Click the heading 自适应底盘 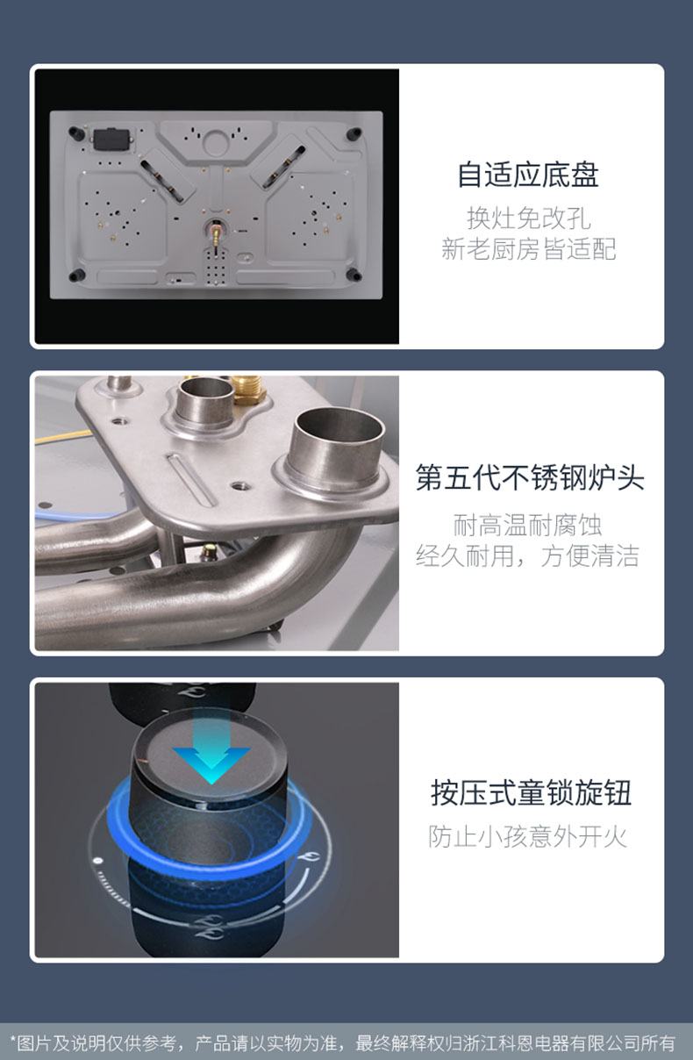[528, 175]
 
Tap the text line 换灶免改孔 [528, 218]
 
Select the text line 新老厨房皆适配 [528, 249]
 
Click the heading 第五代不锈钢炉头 [530, 477]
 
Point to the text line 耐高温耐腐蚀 [527, 525]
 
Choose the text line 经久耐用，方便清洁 [527, 555]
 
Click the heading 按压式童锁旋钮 [531, 792]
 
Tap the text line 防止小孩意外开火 [528, 836]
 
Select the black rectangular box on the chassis [111, 140]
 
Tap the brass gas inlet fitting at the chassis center [216, 233]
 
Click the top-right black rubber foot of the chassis [354, 133]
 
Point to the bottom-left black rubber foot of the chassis [76, 275]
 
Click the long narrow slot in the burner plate [191, 480]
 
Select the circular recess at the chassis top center [217, 142]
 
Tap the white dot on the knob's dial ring [98, 860]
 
